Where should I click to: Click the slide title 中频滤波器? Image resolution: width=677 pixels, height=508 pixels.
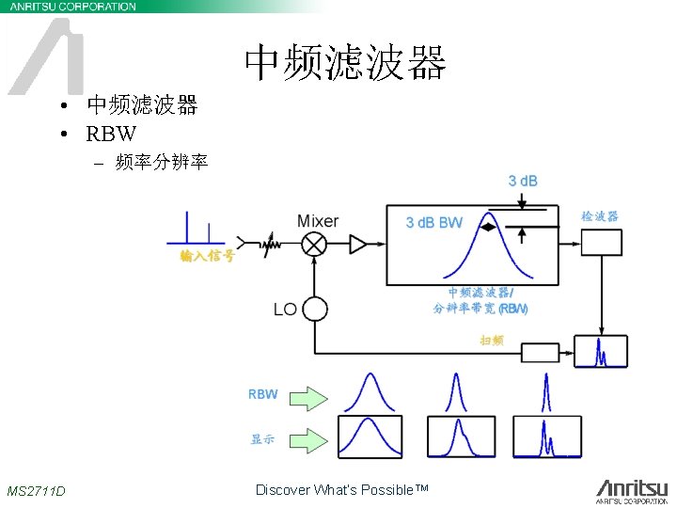(344, 63)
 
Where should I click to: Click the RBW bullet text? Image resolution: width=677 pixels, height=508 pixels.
(111, 133)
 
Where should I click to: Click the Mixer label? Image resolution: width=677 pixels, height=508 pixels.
(317, 221)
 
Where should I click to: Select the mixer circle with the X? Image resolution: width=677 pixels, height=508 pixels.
(314, 245)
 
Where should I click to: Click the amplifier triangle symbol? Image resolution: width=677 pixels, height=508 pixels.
(358, 245)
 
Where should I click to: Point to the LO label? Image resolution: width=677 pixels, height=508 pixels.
(285, 309)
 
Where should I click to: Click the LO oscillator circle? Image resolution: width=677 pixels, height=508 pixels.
(314, 309)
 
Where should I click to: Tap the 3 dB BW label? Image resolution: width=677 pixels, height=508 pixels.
(433, 223)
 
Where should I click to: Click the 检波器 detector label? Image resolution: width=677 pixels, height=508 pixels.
(600, 216)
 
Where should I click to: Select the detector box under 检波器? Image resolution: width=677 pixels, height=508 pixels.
(602, 243)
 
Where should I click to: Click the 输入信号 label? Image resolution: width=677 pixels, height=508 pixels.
(207, 257)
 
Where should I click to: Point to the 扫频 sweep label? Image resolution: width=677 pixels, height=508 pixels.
(492, 340)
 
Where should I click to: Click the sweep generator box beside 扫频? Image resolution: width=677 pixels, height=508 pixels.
(540, 354)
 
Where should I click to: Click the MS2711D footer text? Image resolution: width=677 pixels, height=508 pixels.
(36, 491)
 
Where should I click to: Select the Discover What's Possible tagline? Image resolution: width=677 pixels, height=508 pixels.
(341, 489)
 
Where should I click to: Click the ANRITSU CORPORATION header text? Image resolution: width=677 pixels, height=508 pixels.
(72, 7)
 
